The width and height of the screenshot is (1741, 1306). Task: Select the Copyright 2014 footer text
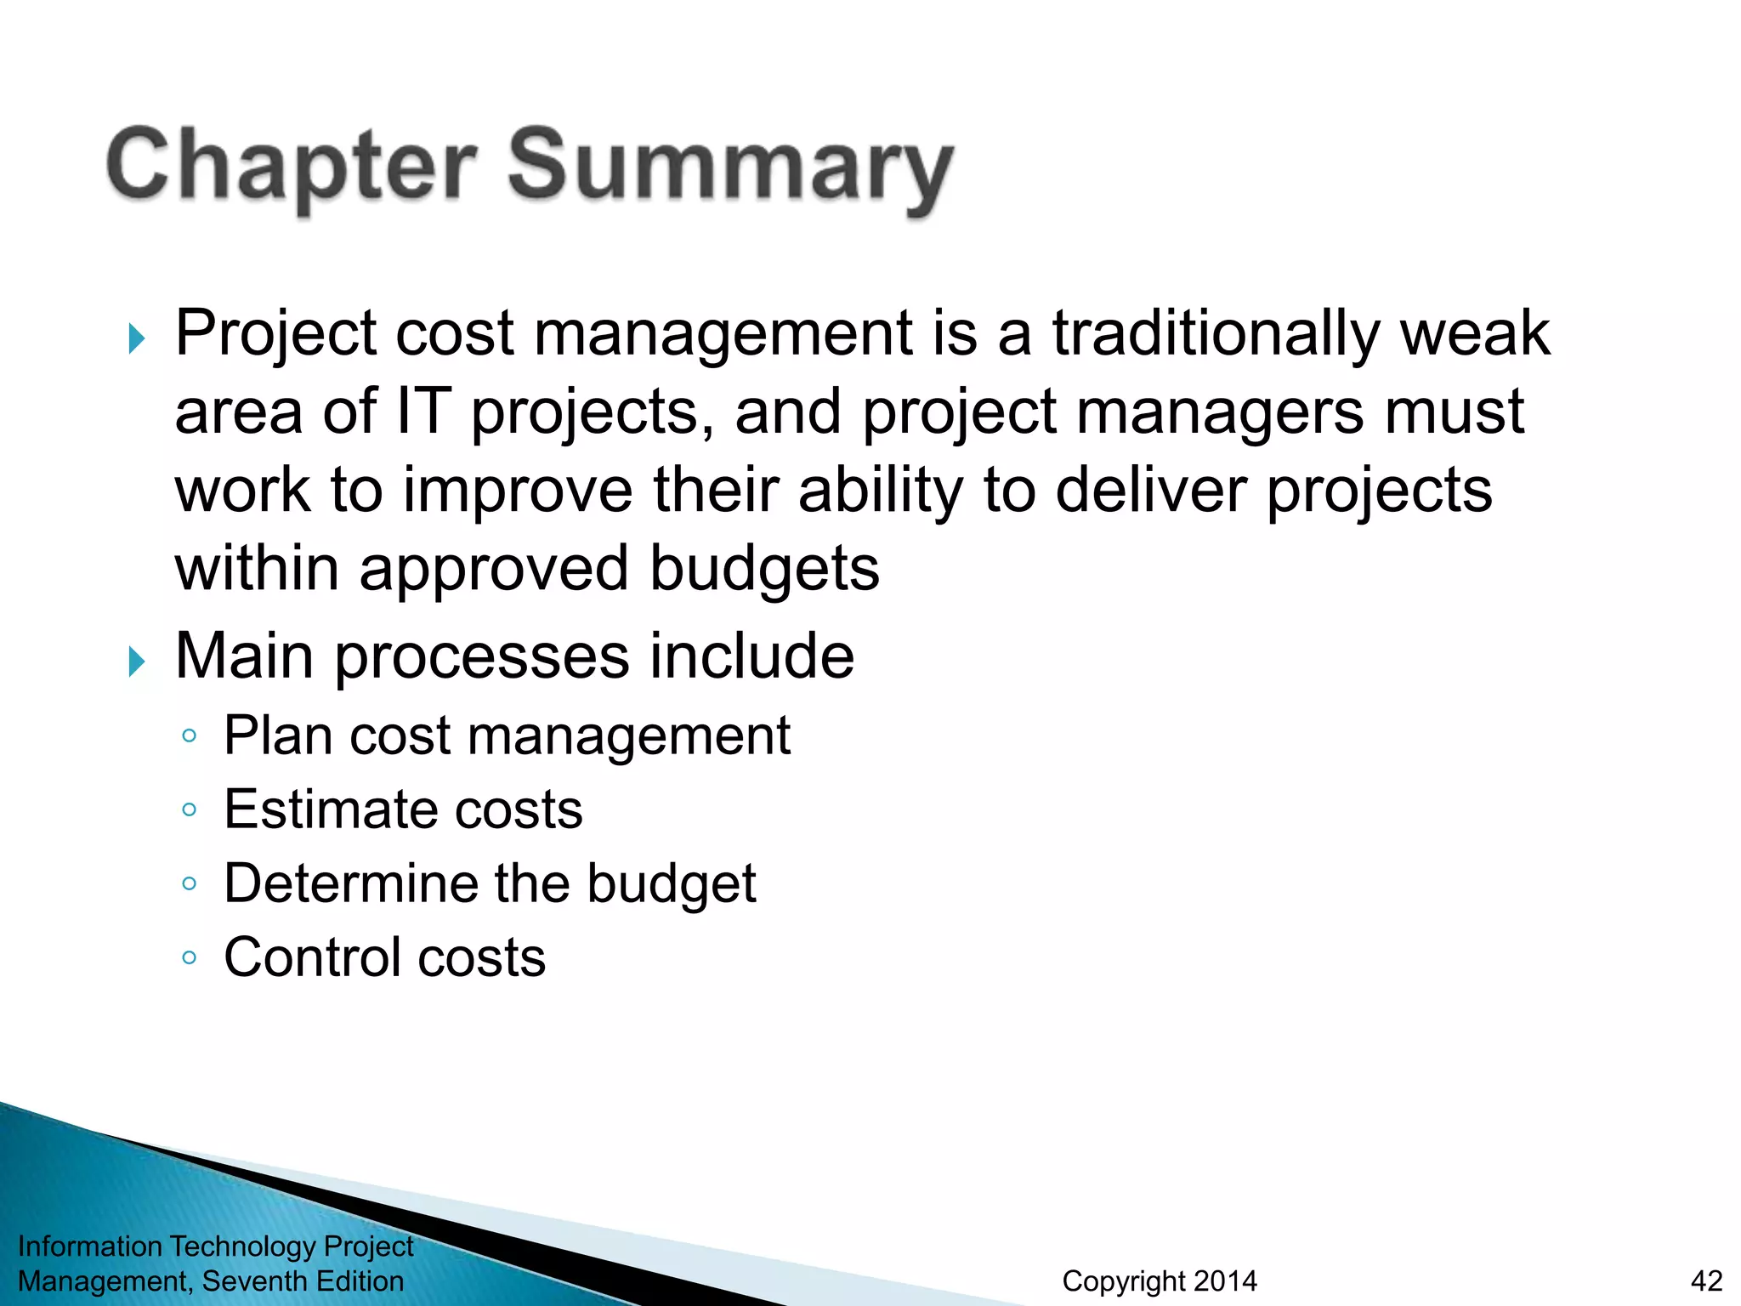[1160, 1280]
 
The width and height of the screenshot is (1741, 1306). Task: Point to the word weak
[1475, 333]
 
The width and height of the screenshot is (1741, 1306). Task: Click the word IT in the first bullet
[423, 412]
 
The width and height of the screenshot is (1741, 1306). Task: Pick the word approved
[494, 570]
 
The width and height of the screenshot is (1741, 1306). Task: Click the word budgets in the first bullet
[764, 568]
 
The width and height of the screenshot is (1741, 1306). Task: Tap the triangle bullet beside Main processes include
[137, 662]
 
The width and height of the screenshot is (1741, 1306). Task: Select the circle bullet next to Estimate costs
[190, 809]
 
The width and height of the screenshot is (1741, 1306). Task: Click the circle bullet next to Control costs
[190, 958]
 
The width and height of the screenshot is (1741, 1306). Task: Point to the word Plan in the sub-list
[278, 735]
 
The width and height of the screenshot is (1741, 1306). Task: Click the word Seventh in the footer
[254, 1280]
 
